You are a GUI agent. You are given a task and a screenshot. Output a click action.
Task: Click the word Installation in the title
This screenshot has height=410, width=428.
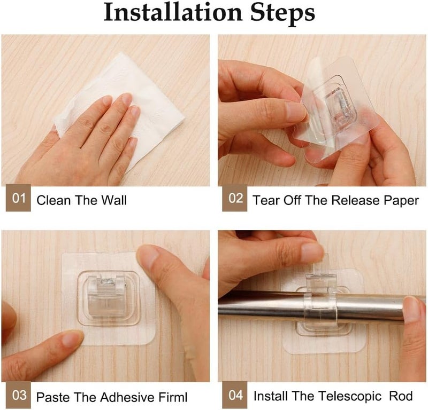(x=173, y=12)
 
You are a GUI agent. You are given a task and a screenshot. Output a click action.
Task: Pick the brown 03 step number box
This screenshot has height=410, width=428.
(x=18, y=395)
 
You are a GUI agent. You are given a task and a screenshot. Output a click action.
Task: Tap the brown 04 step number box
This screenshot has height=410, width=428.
(x=234, y=395)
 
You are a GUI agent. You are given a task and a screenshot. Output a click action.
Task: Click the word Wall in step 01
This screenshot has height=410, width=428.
(x=114, y=200)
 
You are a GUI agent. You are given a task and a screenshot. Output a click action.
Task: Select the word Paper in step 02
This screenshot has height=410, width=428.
(x=402, y=201)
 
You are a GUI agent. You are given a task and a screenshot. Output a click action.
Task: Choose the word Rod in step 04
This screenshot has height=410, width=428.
(x=401, y=396)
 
